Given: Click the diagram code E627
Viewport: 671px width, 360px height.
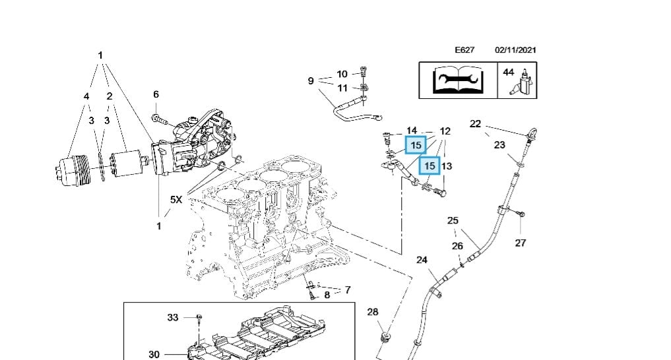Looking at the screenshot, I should (464, 50).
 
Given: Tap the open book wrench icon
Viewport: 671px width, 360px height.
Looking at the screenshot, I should (459, 80).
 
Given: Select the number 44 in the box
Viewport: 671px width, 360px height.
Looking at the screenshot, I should (508, 72).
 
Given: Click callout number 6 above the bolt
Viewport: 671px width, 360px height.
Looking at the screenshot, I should (156, 95).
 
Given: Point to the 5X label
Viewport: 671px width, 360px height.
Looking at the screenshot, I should (176, 199).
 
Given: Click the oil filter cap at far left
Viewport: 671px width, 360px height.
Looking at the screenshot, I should (68, 169).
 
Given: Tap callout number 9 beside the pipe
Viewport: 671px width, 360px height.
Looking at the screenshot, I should (311, 81).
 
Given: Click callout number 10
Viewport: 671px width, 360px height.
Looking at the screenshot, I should (342, 75).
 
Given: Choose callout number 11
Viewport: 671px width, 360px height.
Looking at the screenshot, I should (342, 88).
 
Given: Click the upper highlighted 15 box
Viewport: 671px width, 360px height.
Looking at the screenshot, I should (416, 144).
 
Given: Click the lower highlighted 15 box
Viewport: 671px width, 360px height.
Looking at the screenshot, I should (430, 166).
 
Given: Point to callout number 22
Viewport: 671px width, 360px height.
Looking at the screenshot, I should (475, 123).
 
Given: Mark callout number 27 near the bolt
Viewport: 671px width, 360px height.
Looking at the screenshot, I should (520, 243).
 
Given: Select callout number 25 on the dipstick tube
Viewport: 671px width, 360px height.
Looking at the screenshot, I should (453, 220).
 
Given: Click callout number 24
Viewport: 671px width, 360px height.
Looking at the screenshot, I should (422, 260).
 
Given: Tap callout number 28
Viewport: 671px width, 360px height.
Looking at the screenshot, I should (373, 312).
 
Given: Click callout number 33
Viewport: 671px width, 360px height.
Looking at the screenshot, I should (172, 317).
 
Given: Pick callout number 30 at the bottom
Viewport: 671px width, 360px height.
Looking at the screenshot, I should (154, 354).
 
